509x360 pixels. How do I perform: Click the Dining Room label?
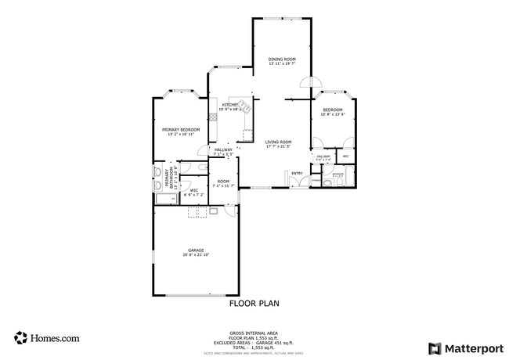(x=282, y=59)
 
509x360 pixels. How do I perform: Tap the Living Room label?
(x=278, y=142)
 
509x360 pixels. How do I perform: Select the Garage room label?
(x=195, y=250)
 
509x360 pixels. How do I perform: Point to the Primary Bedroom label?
(x=181, y=129)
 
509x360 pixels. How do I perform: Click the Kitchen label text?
(x=229, y=104)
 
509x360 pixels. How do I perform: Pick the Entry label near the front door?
(x=297, y=173)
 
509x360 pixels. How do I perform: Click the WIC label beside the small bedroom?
(x=345, y=157)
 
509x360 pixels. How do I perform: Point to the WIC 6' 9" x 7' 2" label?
(x=193, y=190)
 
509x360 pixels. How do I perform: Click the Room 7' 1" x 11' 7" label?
(x=223, y=184)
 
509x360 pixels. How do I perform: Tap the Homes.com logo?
(x=47, y=338)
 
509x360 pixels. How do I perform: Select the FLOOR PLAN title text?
(x=254, y=303)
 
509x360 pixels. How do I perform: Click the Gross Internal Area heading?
(x=254, y=332)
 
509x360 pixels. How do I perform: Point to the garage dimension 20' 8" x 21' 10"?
(x=195, y=254)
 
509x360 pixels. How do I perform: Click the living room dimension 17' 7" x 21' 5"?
(x=278, y=146)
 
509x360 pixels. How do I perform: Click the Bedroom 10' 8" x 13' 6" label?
(x=332, y=112)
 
